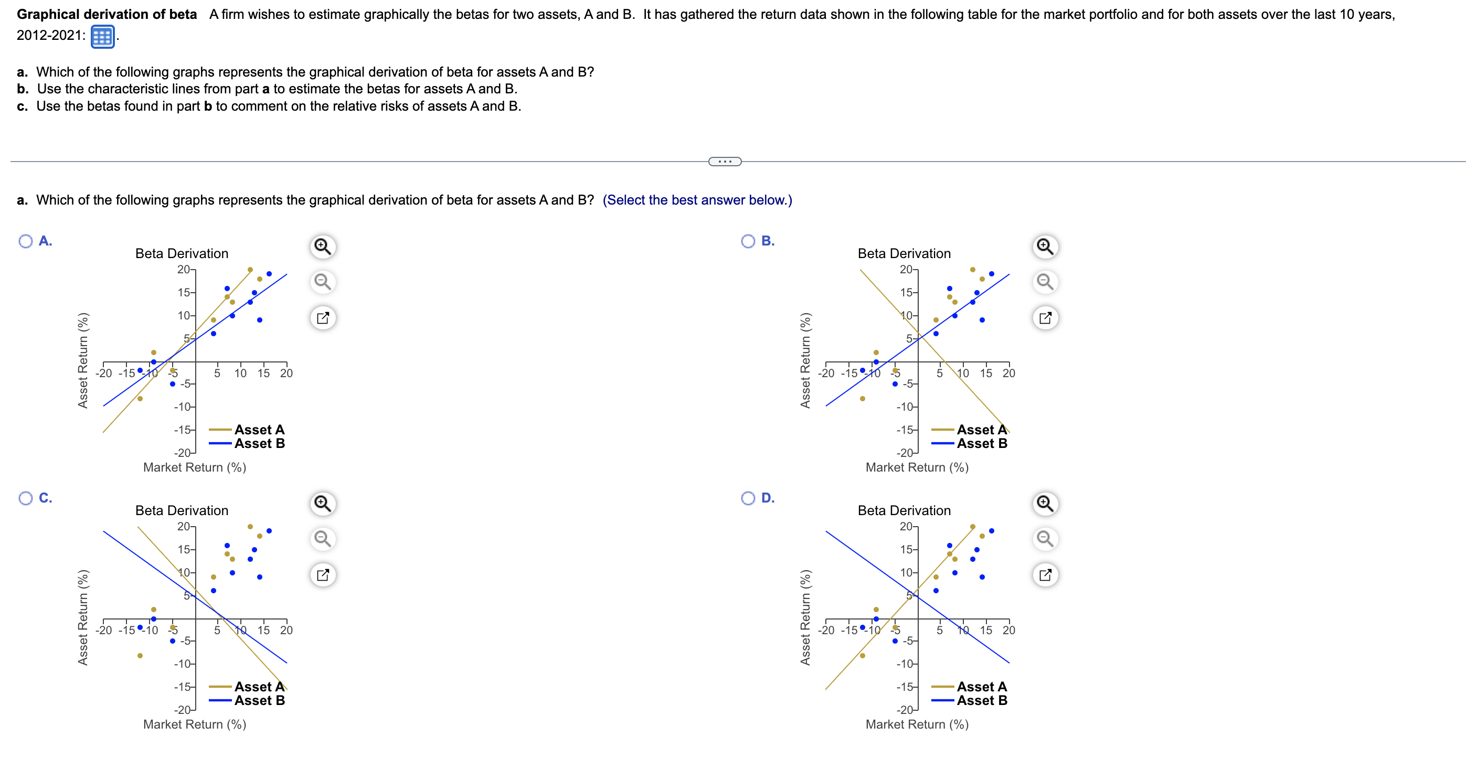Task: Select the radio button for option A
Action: tap(26, 241)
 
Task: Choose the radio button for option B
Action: tap(748, 241)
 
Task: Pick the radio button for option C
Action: tap(26, 498)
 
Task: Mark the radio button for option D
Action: tap(748, 498)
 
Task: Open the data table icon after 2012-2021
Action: tap(102, 37)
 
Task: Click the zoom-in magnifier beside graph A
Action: tap(323, 247)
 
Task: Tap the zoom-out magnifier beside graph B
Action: tap(1045, 282)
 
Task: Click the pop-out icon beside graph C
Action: tap(323, 574)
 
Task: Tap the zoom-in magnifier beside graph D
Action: tap(1045, 504)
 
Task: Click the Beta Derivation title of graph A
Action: tap(182, 254)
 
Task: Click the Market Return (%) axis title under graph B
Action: tap(917, 467)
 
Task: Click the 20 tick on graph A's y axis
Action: tap(183, 270)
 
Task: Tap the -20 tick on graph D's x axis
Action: tap(826, 630)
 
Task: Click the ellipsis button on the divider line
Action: tap(725, 162)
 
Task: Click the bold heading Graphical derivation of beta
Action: tap(107, 14)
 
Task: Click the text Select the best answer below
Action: tap(697, 200)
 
